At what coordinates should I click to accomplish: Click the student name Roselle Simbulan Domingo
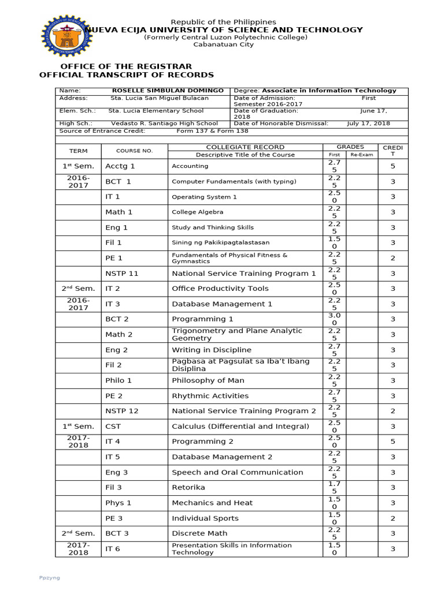coord(168,91)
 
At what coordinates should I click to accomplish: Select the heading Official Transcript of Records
coord(126,75)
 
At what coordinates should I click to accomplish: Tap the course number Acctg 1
coord(120,166)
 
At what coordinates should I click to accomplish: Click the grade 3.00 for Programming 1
coord(334,319)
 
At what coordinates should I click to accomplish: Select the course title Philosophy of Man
coord(208,380)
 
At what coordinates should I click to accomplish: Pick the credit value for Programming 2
coord(393,442)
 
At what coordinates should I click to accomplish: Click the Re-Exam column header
coord(362,155)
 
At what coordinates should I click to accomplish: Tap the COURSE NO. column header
coord(134,151)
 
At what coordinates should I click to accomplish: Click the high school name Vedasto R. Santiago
coord(164,124)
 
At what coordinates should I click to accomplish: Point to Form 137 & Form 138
coord(212,131)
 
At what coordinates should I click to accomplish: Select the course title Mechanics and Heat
coord(212,503)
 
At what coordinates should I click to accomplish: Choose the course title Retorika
coord(188,488)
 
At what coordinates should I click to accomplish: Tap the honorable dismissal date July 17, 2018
coord(368,124)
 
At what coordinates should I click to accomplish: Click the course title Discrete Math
coord(199,533)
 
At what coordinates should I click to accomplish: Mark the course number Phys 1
coord(118,503)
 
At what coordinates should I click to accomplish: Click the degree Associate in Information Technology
coord(330,91)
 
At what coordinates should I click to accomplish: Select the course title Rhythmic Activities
coord(210,396)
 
